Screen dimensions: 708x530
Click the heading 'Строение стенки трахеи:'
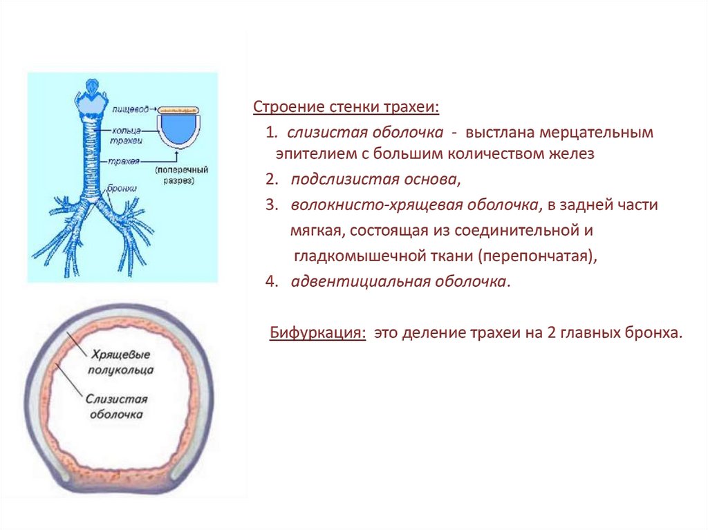346,108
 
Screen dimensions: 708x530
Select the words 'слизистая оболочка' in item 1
365,131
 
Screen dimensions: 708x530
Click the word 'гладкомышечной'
354,256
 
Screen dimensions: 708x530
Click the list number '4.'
270,281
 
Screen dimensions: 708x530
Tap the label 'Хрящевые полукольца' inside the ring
120,361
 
